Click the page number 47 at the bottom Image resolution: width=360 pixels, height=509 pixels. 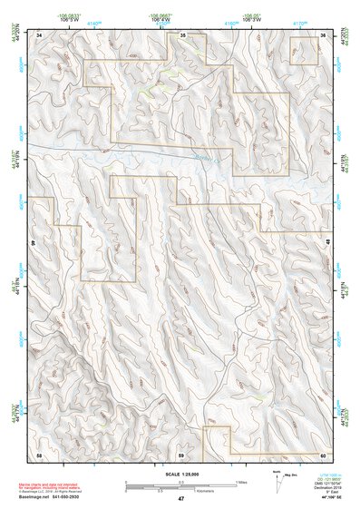(x=180, y=499)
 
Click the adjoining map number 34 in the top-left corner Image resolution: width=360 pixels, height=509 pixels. (x=39, y=34)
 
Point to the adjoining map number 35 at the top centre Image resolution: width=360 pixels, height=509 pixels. (x=181, y=34)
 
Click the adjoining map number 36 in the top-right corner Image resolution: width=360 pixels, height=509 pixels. (x=323, y=34)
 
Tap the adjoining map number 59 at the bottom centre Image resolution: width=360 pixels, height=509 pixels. (x=181, y=454)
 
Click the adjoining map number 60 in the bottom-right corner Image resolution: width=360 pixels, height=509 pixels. (x=323, y=454)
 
